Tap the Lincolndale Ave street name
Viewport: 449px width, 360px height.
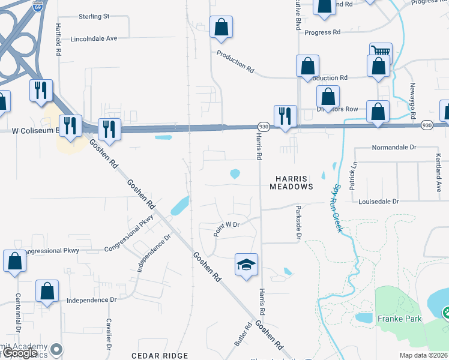(x=94, y=38)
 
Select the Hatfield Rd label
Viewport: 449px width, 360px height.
(x=59, y=40)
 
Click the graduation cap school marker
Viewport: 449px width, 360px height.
(x=246, y=265)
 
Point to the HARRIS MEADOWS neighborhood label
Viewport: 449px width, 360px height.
(x=294, y=182)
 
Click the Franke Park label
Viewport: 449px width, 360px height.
(x=399, y=319)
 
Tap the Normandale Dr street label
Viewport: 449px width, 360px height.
(x=394, y=147)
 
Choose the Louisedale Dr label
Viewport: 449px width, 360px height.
(x=379, y=202)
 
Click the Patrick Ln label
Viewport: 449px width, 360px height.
(x=354, y=172)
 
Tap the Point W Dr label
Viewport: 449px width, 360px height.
(x=227, y=225)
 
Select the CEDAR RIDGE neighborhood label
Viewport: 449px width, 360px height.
(x=160, y=356)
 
